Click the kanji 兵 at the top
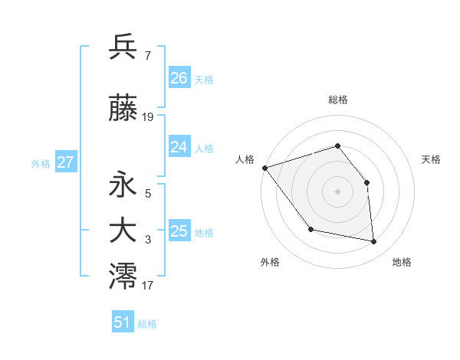[x=123, y=47]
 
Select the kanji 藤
[x=123, y=110]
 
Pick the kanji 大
[x=123, y=231]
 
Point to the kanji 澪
[x=123, y=277]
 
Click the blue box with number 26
[x=179, y=78]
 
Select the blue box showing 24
[x=179, y=147]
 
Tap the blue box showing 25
[x=179, y=231]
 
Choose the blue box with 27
[x=66, y=162]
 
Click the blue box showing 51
[x=123, y=322]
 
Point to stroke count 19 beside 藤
[x=148, y=117]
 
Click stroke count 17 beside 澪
[x=148, y=286]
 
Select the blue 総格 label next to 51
[x=147, y=324]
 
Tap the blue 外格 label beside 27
[x=41, y=164]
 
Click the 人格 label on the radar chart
[x=245, y=159]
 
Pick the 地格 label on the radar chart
[x=402, y=262]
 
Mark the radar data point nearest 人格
[x=264, y=168]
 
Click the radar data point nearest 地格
[x=374, y=242]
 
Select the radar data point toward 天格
[x=366, y=182]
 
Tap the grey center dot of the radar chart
[x=337, y=191]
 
